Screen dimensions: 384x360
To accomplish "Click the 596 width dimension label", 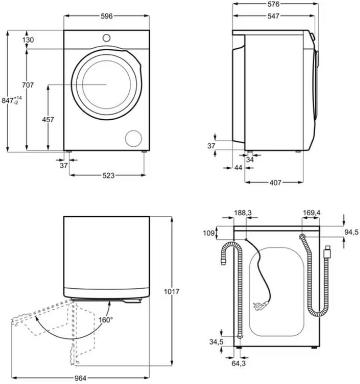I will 107,16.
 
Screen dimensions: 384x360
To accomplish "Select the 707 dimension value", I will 28,85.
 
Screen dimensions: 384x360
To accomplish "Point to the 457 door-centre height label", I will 48,120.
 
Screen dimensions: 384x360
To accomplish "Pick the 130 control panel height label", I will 28,40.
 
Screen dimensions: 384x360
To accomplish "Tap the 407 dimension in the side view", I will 274,183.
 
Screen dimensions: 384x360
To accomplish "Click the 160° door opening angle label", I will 106,320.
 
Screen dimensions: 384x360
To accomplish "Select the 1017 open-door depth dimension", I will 172,291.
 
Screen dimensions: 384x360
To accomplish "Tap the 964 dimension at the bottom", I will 80,378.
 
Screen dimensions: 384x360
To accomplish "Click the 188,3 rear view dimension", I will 243,213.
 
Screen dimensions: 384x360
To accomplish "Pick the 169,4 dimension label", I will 311,213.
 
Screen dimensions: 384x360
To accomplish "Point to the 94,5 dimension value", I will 352,231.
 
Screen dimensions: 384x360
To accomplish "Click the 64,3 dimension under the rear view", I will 238,363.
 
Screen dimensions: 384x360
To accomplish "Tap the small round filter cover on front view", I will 133,138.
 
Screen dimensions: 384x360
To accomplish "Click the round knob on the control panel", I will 106,37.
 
